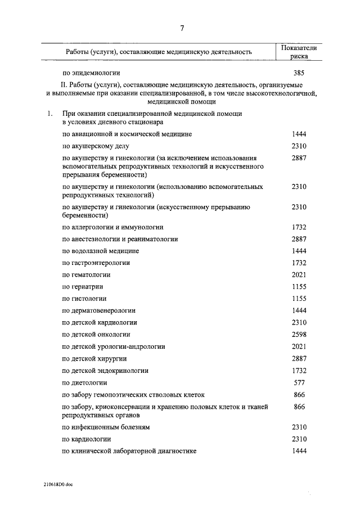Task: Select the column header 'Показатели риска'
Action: click(299, 52)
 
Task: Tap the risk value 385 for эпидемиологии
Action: click(299, 73)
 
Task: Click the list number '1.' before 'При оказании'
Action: click(50, 114)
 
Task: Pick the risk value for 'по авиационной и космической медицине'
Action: click(299, 134)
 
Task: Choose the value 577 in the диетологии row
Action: click(299, 382)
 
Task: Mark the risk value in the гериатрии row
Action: click(299, 287)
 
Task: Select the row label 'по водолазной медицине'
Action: click(101, 251)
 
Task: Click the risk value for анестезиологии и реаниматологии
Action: click(299, 239)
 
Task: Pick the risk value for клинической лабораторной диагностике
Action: click(299, 451)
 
